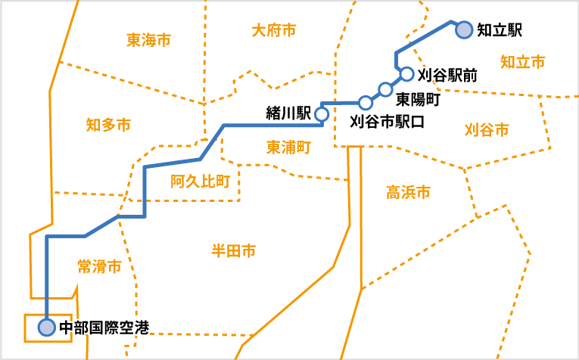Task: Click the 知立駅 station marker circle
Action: pyautogui.click(x=464, y=29)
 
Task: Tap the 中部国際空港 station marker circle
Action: pyautogui.click(x=47, y=327)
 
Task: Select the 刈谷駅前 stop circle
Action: pyautogui.click(x=406, y=74)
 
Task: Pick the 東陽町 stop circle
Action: pyautogui.click(x=385, y=90)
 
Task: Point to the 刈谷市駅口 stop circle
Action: pyautogui.click(x=366, y=102)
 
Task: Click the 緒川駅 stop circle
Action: pyautogui.click(x=321, y=114)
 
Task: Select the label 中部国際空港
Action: pyautogui.click(x=104, y=328)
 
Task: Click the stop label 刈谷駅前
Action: pyautogui.click(x=447, y=74)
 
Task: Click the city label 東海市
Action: pyautogui.click(x=149, y=39)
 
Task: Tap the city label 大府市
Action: pyautogui.click(x=273, y=30)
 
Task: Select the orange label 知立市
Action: pyautogui.click(x=522, y=62)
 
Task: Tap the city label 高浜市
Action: pyautogui.click(x=408, y=193)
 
